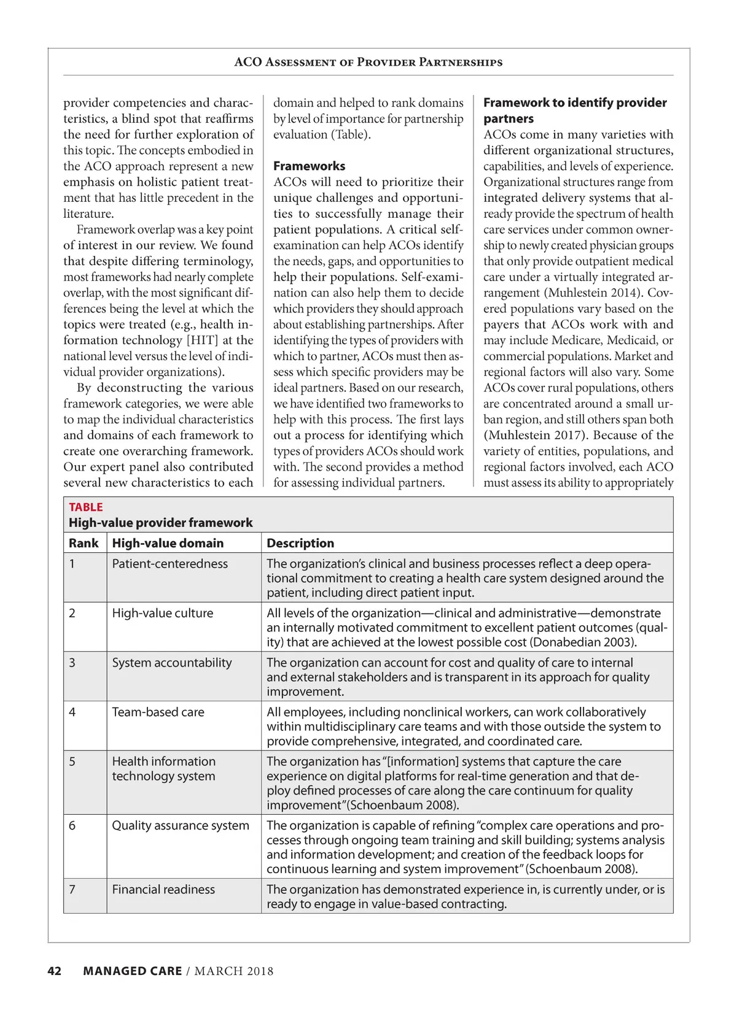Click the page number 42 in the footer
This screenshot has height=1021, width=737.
(x=55, y=971)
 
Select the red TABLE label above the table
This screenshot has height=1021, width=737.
(x=86, y=507)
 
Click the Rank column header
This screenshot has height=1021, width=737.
(x=84, y=543)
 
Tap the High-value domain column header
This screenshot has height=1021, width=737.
(x=168, y=543)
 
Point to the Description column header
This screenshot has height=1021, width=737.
(x=300, y=543)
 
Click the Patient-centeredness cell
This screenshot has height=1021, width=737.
(x=170, y=564)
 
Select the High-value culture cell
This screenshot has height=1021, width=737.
(x=162, y=613)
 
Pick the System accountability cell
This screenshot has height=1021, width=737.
(x=172, y=663)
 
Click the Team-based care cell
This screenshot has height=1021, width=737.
(x=158, y=712)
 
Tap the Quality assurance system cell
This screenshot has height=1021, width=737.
(x=181, y=826)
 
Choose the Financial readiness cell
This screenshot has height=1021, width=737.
(x=163, y=890)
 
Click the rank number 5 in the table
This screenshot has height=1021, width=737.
(x=72, y=761)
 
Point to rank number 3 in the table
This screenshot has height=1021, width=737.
(x=72, y=663)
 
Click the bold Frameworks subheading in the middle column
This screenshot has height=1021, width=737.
(x=309, y=166)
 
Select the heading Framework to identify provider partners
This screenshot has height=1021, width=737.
(x=575, y=110)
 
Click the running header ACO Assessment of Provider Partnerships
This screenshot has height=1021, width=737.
(x=368, y=62)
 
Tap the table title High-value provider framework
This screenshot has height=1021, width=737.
(x=160, y=523)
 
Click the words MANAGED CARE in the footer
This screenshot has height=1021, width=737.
(x=132, y=971)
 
